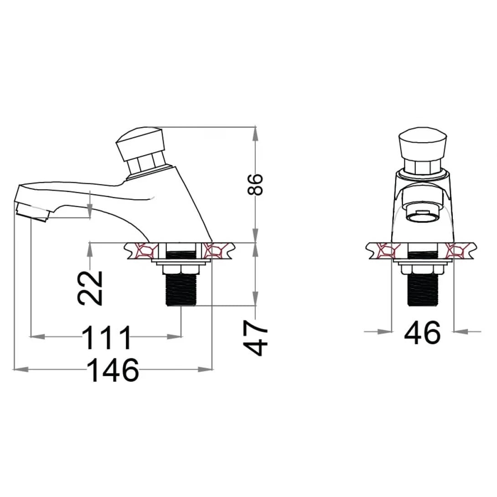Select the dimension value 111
click(x=107, y=337)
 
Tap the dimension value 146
click(x=113, y=370)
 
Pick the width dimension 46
click(x=423, y=332)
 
